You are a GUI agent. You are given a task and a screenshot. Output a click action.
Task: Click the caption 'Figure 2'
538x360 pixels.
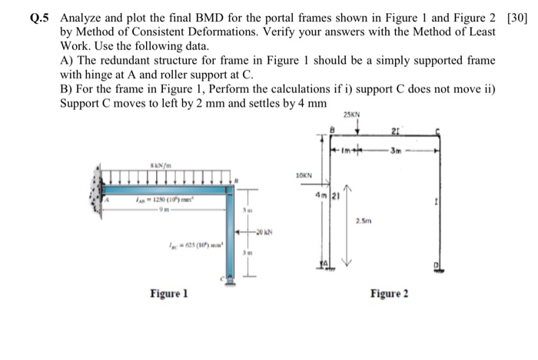pos(390,294)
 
